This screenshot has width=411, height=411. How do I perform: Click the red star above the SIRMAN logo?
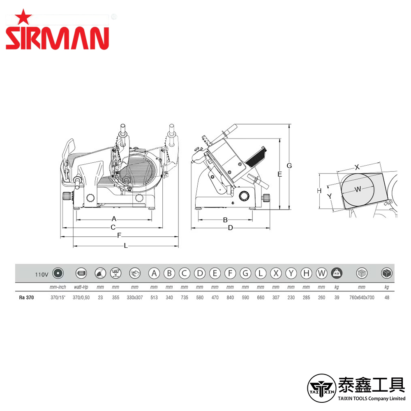click(x=23, y=17)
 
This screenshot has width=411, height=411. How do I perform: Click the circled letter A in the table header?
click(x=154, y=273)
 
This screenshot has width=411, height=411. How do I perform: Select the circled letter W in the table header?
click(x=322, y=273)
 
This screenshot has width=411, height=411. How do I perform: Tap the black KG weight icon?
click(x=337, y=273)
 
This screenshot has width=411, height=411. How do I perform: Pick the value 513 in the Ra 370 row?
click(x=154, y=298)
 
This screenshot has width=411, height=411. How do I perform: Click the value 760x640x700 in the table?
click(x=362, y=298)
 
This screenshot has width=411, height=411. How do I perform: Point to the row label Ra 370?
click(x=26, y=298)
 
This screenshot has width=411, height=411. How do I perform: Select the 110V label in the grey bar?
click(x=42, y=275)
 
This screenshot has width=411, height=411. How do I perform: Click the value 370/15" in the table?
click(x=58, y=298)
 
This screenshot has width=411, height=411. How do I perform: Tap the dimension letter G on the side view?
click(x=289, y=166)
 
